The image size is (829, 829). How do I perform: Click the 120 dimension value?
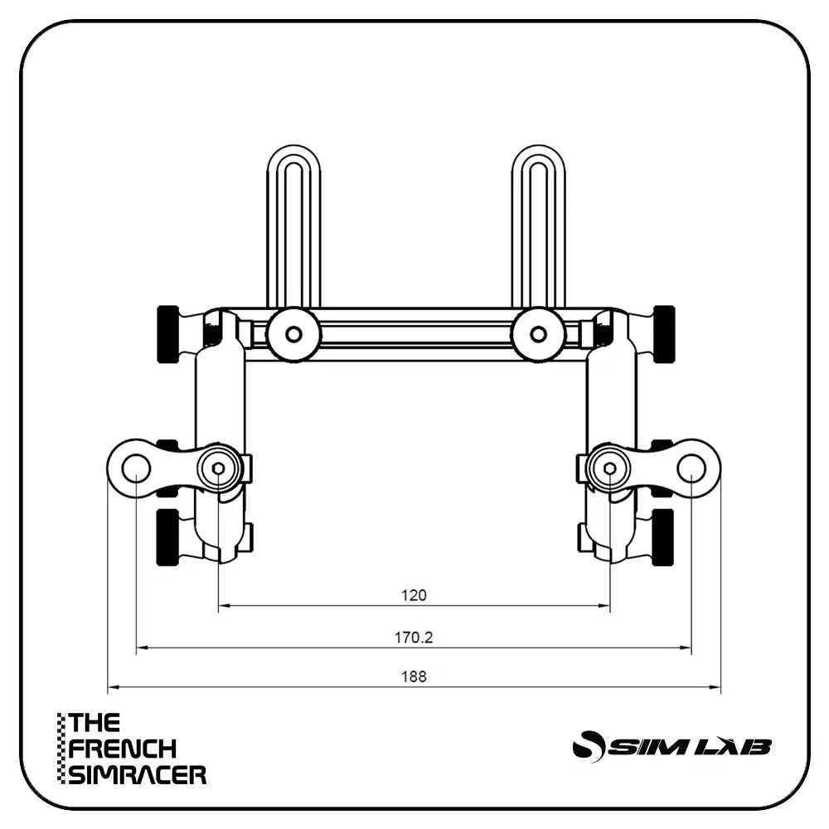[x=413, y=594]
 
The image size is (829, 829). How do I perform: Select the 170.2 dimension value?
[x=413, y=638]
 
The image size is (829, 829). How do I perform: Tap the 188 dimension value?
[x=413, y=676]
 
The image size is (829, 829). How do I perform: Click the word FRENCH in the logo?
[x=123, y=749]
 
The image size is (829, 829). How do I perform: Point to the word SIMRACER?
[x=138, y=775]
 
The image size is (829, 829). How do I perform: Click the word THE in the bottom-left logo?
[x=95, y=723]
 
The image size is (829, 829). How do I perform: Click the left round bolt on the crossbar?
[x=293, y=335]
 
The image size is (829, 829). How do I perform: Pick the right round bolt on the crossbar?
[x=538, y=335]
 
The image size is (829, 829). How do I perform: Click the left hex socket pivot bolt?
[x=218, y=469]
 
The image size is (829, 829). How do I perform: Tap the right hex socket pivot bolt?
[x=610, y=469]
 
